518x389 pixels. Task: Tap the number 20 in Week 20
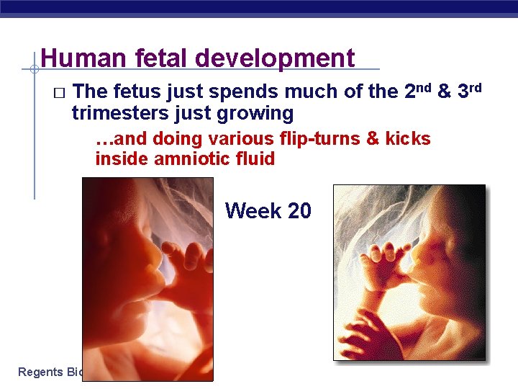(299, 211)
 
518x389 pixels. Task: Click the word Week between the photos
(253, 211)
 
